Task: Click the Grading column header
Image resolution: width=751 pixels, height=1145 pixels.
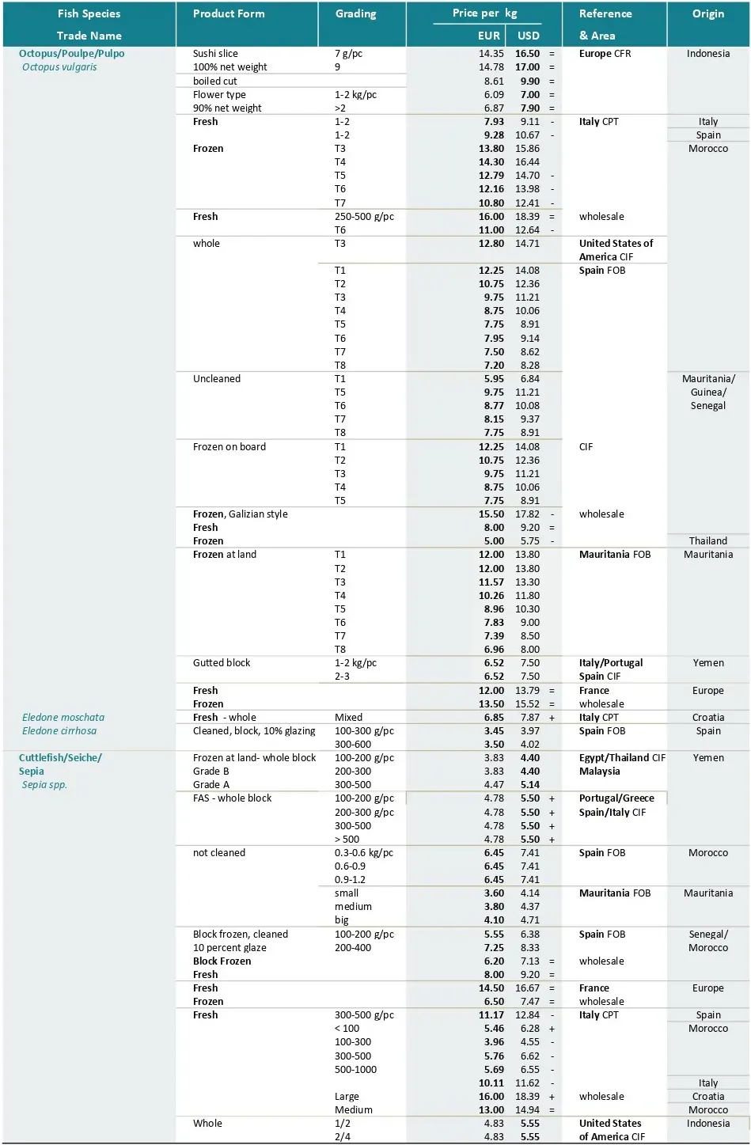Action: pyautogui.click(x=355, y=14)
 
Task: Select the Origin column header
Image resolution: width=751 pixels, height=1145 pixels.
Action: pyautogui.click(x=707, y=14)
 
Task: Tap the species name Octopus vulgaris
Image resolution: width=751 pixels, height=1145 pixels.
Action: pyautogui.click(x=59, y=67)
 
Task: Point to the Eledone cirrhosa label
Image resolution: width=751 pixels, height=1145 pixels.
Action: pyautogui.click(x=59, y=731)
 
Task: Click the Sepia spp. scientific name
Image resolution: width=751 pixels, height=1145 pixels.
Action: pyautogui.click(x=44, y=785)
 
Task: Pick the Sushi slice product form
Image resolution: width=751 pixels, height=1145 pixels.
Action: pyautogui.click(x=215, y=54)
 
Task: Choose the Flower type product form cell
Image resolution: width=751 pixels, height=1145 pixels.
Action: pyautogui.click(x=219, y=95)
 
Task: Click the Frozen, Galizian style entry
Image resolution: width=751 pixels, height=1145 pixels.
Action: pyautogui.click(x=240, y=514)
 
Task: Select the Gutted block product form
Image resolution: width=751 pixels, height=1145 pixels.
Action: pyautogui.click(x=222, y=663)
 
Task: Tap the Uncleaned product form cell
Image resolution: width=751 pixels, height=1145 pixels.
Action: pyautogui.click(x=217, y=379)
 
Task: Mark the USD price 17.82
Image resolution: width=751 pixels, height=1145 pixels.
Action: pyautogui.click(x=527, y=514)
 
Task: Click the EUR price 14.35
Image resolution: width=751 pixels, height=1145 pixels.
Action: pyautogui.click(x=491, y=54)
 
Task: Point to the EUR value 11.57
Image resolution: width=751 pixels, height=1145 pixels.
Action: pyautogui.click(x=491, y=582)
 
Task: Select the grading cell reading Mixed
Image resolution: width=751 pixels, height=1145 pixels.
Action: pyautogui.click(x=348, y=718)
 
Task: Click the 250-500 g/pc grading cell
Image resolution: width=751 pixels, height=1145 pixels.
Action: pyautogui.click(x=364, y=217)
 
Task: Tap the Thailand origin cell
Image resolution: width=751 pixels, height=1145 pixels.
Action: pyautogui.click(x=707, y=541)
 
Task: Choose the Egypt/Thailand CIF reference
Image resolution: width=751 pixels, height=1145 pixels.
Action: pyautogui.click(x=622, y=758)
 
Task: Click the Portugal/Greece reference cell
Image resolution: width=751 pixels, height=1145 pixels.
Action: pyautogui.click(x=616, y=798)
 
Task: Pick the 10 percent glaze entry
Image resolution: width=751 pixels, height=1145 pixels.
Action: pyautogui.click(x=229, y=948)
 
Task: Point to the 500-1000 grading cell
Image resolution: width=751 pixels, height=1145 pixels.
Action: pyautogui.click(x=355, y=1070)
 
